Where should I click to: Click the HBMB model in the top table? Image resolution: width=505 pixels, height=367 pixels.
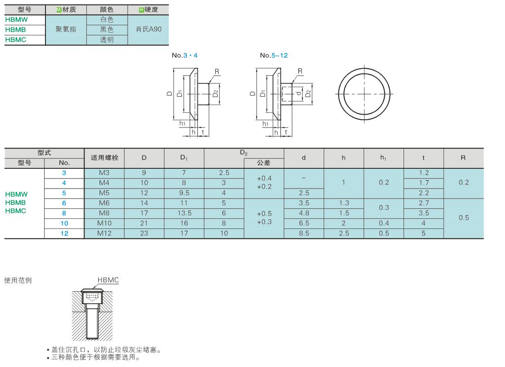tap(16, 30)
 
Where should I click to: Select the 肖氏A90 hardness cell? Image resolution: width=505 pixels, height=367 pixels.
tap(148, 29)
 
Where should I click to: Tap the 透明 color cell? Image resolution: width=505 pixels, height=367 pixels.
tap(107, 40)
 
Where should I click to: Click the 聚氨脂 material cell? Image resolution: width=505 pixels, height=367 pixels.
tap(66, 29)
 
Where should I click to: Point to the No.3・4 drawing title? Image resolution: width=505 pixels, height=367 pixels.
tap(185, 56)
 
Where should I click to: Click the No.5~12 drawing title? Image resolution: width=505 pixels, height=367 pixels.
tap(274, 56)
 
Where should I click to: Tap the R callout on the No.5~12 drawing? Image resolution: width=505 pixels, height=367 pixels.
tap(300, 71)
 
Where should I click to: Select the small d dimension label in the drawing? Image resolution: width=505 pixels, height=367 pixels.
tap(298, 94)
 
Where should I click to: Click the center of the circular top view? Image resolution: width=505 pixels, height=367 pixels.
tap(364, 94)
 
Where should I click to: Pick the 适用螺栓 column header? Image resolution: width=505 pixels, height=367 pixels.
tap(104, 158)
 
